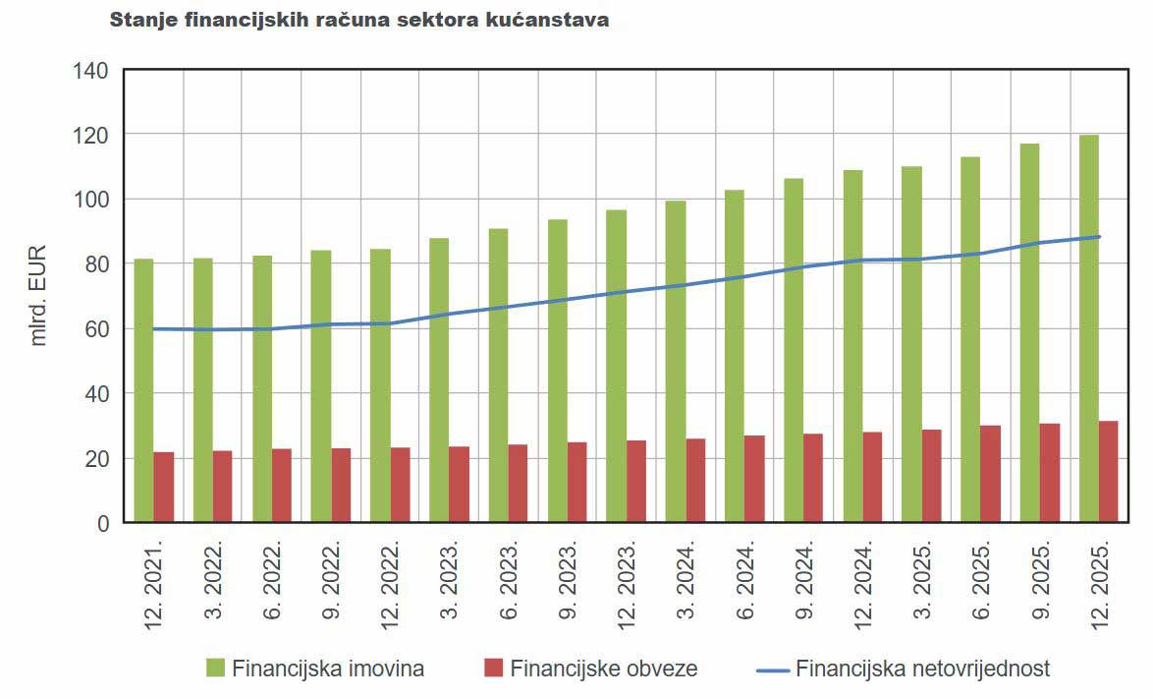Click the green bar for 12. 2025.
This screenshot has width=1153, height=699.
1088,328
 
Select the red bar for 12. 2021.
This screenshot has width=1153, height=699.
164,487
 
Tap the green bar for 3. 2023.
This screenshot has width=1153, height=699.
439,379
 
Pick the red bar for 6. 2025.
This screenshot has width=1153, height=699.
991,474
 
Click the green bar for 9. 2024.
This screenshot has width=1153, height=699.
794,350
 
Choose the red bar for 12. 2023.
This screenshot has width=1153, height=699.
636,481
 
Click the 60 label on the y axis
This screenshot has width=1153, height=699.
96,329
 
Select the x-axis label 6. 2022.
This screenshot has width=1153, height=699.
262,581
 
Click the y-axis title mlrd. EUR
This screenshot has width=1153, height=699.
39,296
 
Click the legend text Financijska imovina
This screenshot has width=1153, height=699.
328,669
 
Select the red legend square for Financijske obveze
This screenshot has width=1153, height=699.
493,669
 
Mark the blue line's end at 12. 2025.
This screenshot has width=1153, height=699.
1098,237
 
